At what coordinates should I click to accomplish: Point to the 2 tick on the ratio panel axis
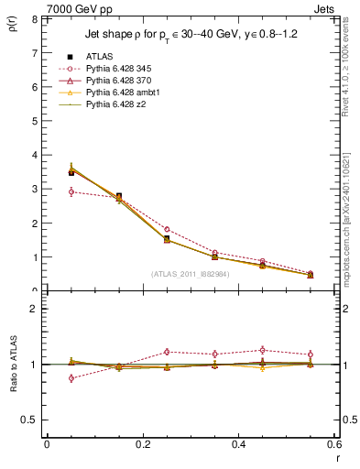point(34,309)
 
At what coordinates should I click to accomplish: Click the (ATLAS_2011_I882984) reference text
point(190,273)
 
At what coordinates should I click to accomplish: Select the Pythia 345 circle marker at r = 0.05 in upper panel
point(71,191)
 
